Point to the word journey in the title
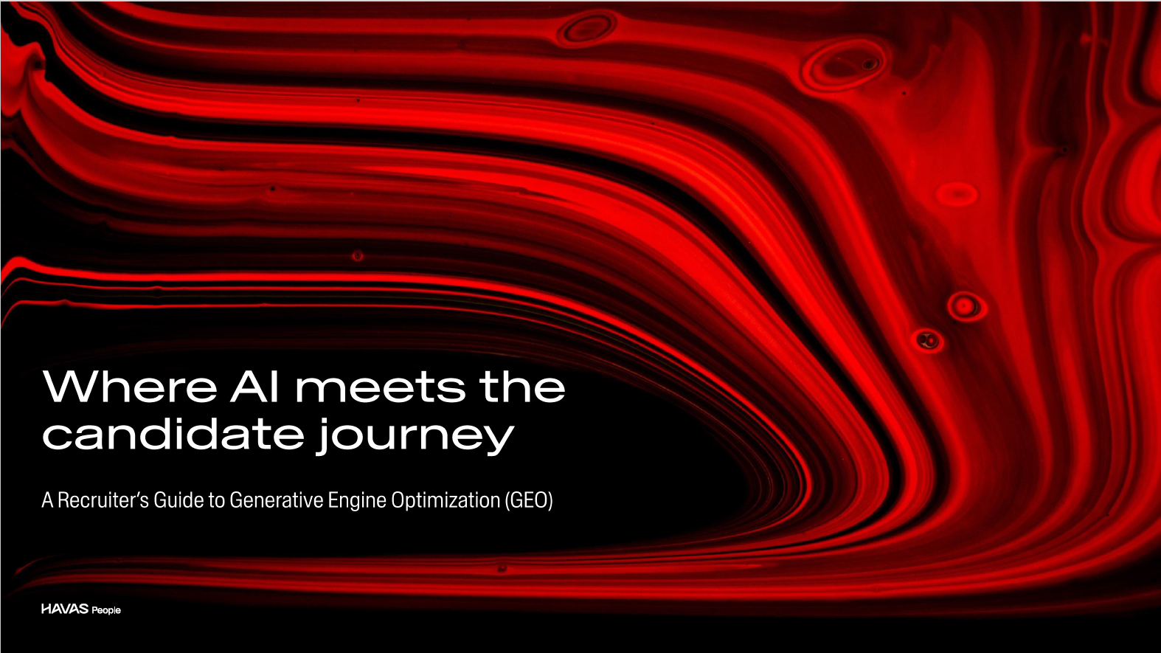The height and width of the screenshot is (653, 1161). [x=415, y=437]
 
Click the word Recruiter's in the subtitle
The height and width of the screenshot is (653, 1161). [x=103, y=500]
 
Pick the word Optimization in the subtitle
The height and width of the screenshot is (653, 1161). [x=446, y=500]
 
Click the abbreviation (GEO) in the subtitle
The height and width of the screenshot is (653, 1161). [x=529, y=500]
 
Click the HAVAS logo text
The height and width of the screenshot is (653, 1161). [x=65, y=609]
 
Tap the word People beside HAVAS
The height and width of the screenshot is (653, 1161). [x=106, y=610]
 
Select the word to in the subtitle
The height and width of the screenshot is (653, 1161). [x=216, y=500]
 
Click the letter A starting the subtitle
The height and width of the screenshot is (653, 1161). [x=47, y=500]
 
